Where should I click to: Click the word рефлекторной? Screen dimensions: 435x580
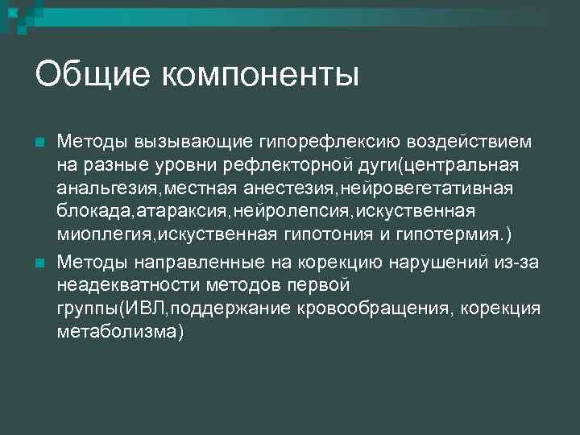click(x=306, y=165)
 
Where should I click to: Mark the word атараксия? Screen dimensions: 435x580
click(x=183, y=211)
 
